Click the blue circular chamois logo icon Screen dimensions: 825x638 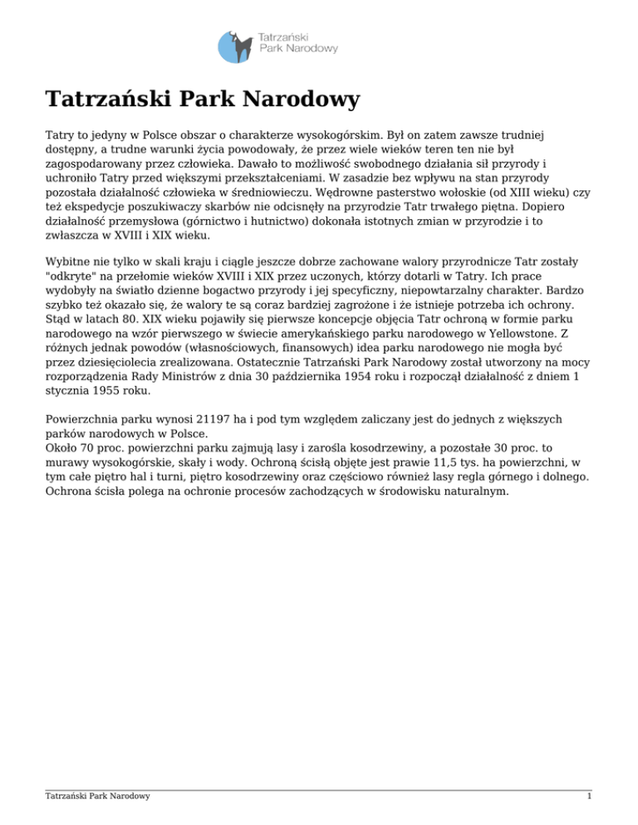click(x=236, y=46)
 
